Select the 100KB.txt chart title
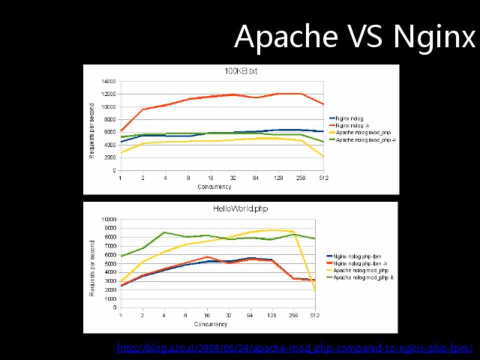[241, 71]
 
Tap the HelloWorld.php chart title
[240, 208]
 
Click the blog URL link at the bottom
[294, 348]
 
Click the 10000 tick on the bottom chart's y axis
[108, 219]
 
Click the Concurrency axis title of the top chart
[214, 187]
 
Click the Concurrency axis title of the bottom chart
[211, 324]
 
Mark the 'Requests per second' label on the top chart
[92, 131]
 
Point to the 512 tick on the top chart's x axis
[323, 177]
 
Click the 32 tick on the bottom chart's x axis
[229, 315]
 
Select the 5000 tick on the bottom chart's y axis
[109, 263]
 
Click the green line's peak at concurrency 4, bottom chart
[164, 232]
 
